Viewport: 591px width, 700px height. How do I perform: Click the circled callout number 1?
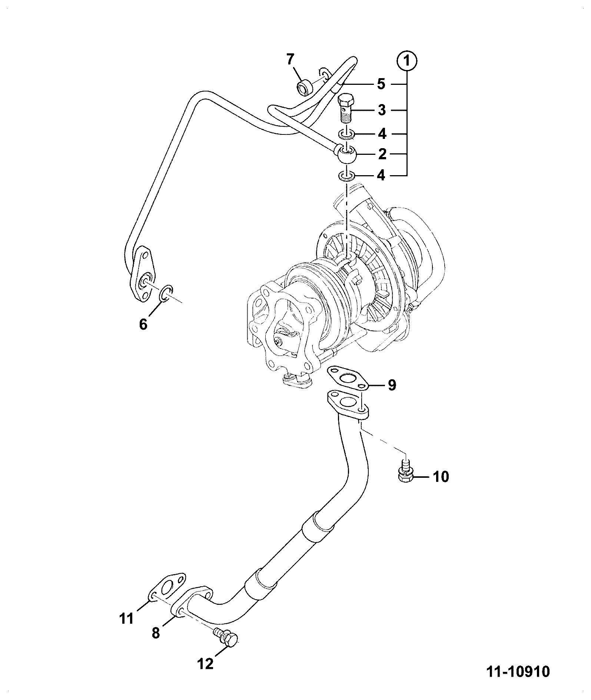point(407,61)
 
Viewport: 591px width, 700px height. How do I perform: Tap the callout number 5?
point(381,84)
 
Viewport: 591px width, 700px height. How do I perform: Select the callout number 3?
point(382,110)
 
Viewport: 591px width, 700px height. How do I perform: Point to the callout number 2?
point(382,154)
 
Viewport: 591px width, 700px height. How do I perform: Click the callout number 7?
point(290,59)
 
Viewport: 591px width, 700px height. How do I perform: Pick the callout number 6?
point(143,324)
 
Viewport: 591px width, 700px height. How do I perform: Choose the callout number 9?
point(392,385)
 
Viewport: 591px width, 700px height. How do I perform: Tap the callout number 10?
point(441,477)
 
